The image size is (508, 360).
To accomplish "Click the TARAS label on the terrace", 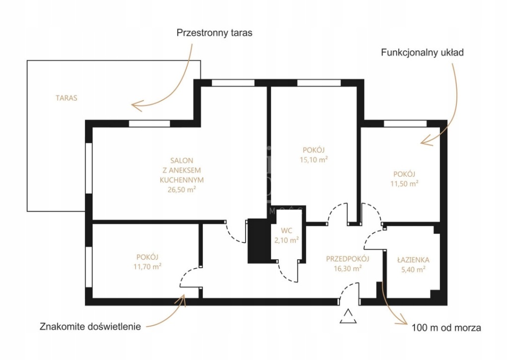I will click(66, 98).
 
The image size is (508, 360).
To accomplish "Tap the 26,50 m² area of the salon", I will click(182, 189).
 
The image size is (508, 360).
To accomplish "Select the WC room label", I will click(287, 230).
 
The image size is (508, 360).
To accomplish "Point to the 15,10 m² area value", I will click(314, 159).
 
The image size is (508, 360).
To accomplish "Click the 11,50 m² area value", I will click(404, 183).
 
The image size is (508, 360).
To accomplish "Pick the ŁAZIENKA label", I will click(413, 260).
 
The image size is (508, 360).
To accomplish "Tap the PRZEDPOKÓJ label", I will click(348, 259).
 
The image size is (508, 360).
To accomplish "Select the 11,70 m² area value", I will click(147, 266).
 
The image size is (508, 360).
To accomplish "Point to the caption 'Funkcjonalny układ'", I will click(422, 52).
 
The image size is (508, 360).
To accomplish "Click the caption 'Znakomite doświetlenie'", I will click(91, 327).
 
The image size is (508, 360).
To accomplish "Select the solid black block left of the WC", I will click(257, 241).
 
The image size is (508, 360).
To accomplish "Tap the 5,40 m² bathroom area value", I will click(413, 270).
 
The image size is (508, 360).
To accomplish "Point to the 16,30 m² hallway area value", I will click(348, 268).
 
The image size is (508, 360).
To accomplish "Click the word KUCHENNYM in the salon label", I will click(182, 179).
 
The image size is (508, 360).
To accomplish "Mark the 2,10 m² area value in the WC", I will click(287, 240).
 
